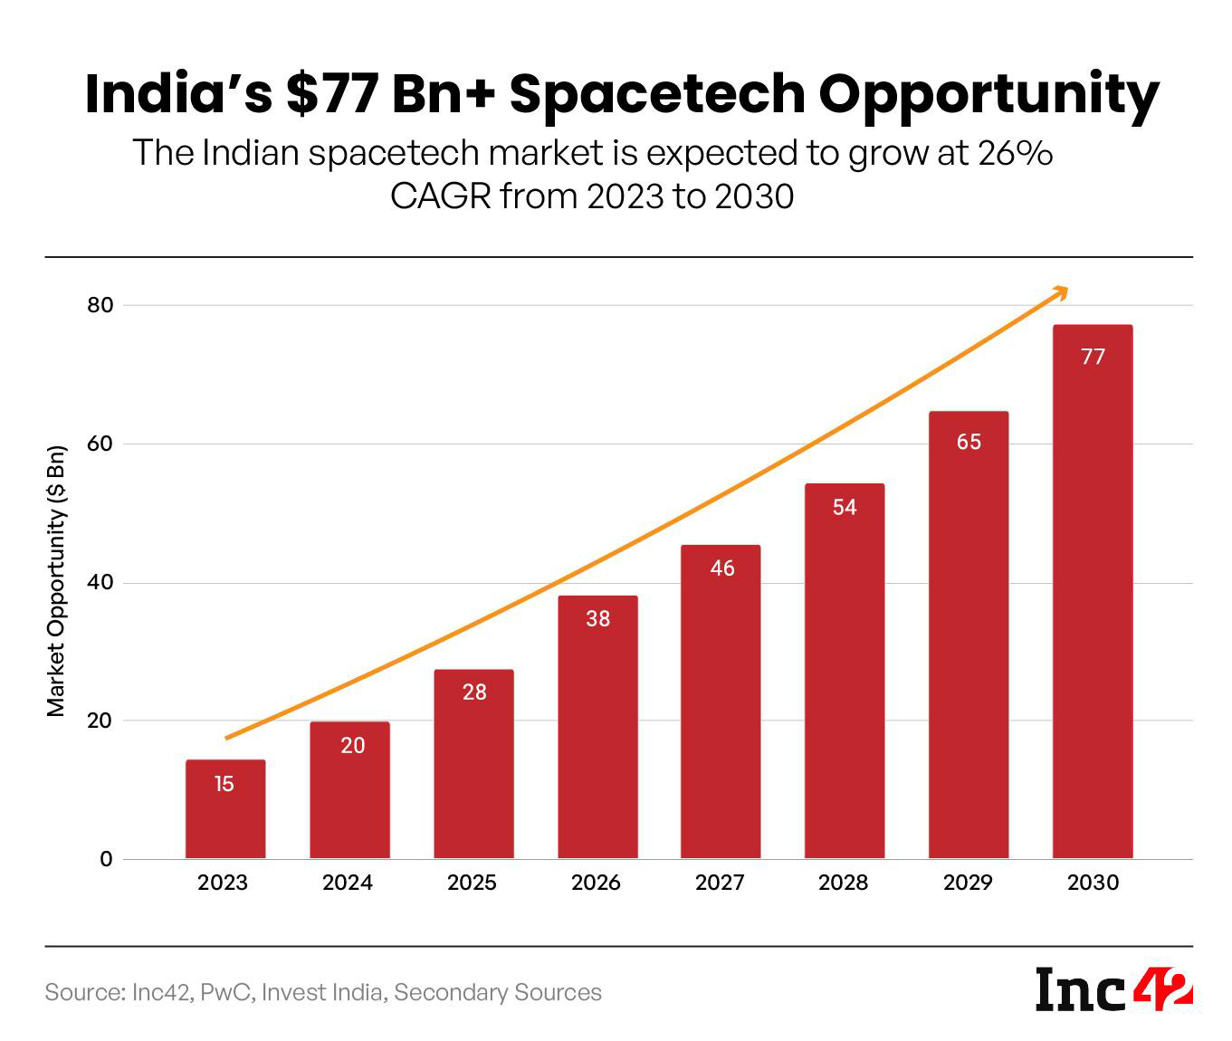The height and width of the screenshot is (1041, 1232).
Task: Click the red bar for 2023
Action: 225,809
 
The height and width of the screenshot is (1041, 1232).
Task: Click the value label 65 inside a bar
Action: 969,442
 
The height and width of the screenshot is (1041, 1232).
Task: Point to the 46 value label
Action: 722,568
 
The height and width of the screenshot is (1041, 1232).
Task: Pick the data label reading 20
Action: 352,746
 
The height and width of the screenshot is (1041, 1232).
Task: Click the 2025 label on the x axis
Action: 472,883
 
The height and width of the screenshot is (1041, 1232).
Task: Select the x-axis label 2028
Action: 843,883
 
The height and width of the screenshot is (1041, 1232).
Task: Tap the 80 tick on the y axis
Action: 100,306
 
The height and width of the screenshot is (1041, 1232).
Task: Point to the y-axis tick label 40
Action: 100,583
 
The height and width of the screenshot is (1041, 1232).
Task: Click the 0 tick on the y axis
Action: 106,860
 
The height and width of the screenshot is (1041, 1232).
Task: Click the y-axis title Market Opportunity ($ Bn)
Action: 57,581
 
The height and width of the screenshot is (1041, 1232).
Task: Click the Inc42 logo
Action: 1114,990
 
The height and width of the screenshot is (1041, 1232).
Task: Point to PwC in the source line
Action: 226,993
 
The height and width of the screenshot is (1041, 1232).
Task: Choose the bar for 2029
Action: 969,635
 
